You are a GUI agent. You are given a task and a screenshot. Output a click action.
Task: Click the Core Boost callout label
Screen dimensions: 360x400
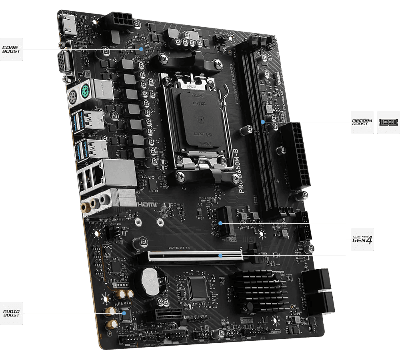[11, 50]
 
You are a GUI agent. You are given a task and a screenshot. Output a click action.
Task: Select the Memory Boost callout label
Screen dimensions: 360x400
[362, 122]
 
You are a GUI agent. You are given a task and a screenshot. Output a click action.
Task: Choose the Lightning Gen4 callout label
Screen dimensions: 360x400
[362, 239]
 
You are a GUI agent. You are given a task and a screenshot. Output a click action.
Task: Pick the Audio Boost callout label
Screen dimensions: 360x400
[11, 313]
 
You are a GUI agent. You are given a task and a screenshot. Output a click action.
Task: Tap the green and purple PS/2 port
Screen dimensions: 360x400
[76, 96]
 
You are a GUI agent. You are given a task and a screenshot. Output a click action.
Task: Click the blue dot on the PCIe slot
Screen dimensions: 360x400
[220, 255]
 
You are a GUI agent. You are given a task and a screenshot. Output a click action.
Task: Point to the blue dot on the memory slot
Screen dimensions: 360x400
[263, 122]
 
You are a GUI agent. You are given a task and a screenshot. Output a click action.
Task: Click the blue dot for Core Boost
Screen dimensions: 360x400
[141, 49]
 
